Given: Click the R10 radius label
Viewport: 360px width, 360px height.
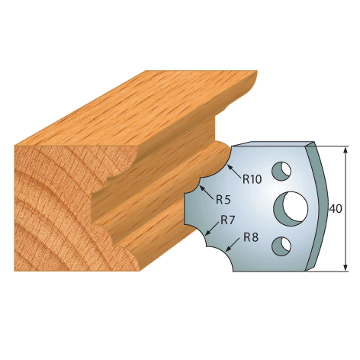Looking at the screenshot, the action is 252,179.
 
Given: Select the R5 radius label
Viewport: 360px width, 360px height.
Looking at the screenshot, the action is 223,200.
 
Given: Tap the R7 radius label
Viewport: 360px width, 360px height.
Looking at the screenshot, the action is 227,220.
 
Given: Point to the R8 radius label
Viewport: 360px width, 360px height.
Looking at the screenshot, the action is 251,237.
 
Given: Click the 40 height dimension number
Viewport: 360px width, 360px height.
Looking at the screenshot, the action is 336,208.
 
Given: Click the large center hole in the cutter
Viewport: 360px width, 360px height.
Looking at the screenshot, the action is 291,209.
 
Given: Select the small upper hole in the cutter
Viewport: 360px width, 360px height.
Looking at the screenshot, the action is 281,170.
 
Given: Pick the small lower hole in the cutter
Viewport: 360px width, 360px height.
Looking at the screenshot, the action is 281,246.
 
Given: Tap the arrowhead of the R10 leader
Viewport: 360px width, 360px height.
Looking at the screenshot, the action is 230,167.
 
